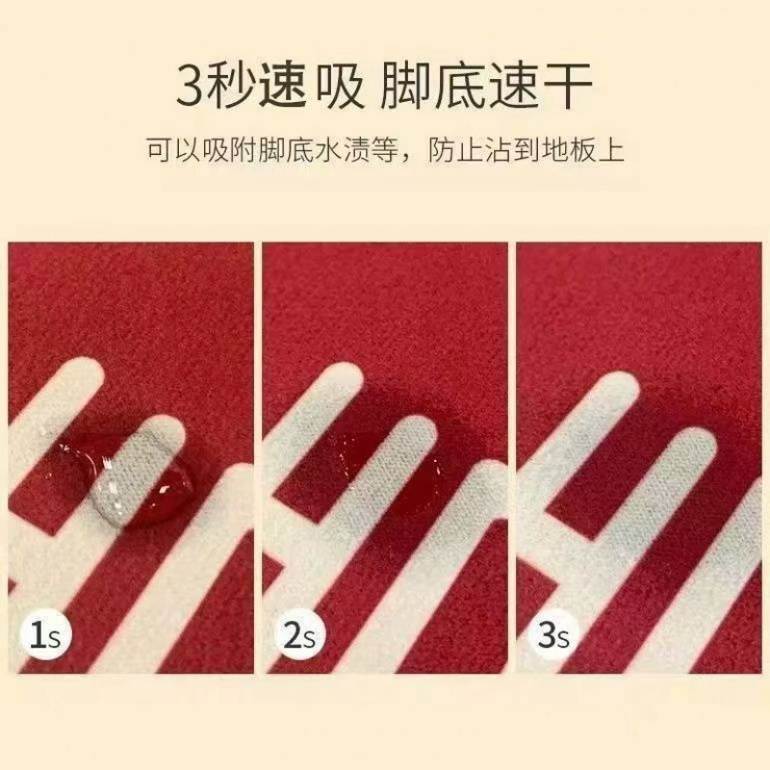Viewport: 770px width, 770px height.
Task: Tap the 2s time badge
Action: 299,634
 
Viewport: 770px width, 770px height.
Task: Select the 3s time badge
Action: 553,634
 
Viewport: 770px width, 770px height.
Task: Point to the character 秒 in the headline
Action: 231,87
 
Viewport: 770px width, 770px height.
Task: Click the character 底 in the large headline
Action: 462,87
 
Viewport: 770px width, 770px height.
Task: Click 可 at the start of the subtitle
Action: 160,149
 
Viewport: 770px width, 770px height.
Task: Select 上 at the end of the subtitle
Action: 611,149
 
